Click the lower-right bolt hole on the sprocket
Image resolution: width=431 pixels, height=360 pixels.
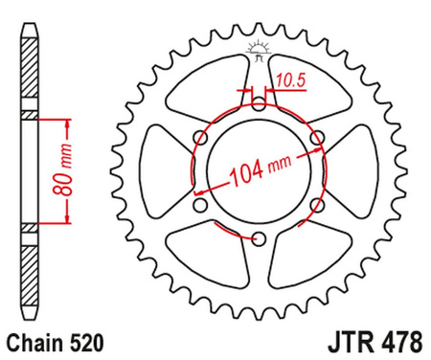pos(315,204)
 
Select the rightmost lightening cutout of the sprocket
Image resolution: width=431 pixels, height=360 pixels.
pos(352,169)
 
